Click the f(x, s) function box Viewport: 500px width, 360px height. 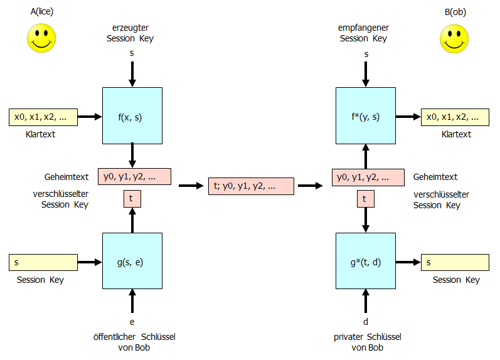tap(132, 117)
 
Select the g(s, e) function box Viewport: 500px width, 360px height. tap(132, 262)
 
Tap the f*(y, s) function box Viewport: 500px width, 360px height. tap(366, 117)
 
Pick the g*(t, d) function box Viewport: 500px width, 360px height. tap(366, 262)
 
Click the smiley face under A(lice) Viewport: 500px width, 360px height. tap(41, 38)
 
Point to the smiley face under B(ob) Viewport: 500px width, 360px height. tap(454, 38)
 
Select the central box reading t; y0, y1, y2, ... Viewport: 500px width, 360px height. tap(251, 186)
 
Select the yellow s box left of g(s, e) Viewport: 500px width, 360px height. tap(43, 262)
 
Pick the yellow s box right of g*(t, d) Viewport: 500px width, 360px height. tap(455, 262)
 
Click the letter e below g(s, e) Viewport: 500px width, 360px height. tap(132, 322)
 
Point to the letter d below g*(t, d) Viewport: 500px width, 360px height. tap(366, 322)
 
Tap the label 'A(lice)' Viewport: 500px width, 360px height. tap(41, 12)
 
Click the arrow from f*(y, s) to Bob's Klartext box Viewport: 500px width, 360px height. tap(408, 117)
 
